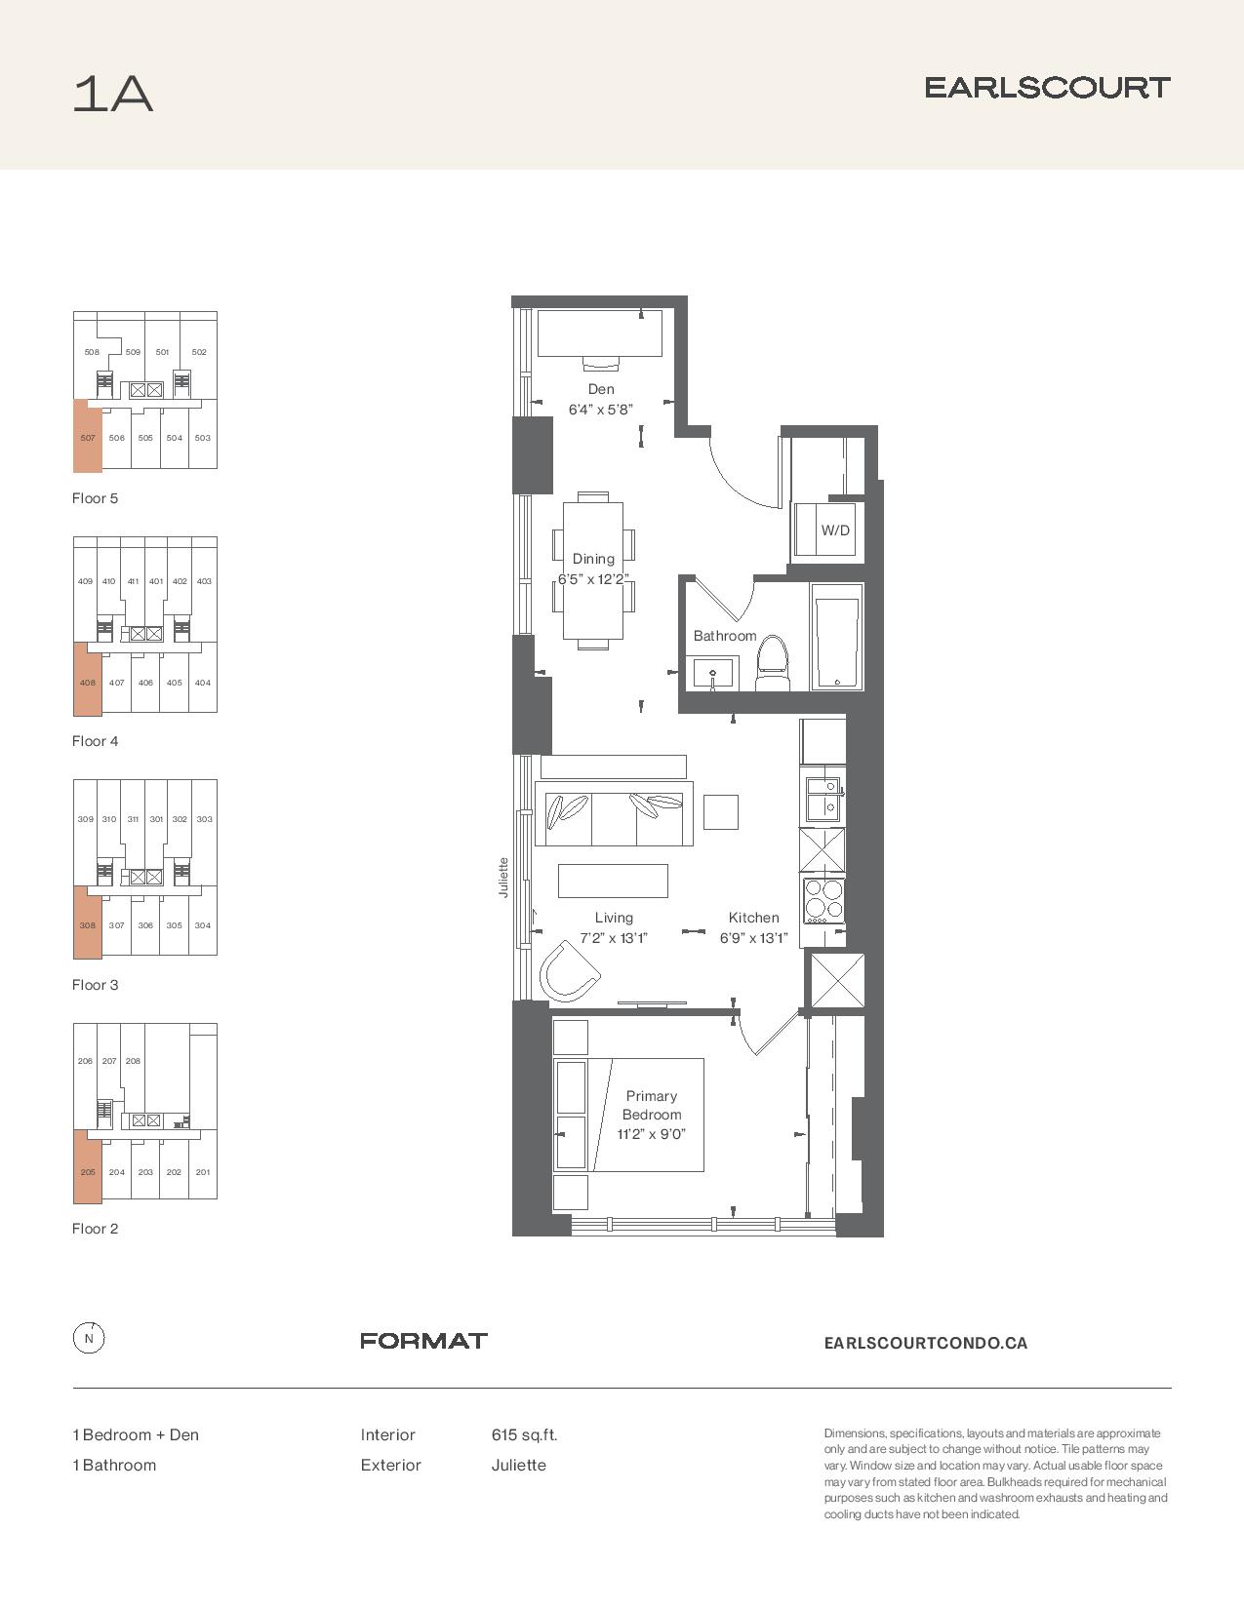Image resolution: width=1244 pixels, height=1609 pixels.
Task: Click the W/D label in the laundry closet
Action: (x=835, y=530)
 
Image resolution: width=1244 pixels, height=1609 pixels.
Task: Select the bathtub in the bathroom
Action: (x=837, y=637)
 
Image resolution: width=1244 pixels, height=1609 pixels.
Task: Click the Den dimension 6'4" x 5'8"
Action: (x=600, y=410)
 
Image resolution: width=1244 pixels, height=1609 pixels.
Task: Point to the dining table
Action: (x=593, y=570)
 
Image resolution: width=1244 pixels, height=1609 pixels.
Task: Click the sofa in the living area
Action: (x=615, y=813)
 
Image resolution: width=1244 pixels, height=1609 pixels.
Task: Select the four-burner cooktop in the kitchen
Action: (x=823, y=899)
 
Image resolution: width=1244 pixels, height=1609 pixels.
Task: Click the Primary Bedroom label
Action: (x=651, y=1105)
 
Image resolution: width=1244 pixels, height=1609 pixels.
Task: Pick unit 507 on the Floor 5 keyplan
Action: (x=88, y=437)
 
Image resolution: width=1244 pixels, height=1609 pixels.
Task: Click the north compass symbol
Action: (x=89, y=1338)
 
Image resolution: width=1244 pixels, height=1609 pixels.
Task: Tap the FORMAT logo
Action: (x=423, y=1340)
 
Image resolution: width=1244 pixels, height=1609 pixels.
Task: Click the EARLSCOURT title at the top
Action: (x=1047, y=88)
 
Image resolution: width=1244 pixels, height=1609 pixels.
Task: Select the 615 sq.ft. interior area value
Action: (x=524, y=1434)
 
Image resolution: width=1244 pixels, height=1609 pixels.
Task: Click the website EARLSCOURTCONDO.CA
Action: (x=925, y=1343)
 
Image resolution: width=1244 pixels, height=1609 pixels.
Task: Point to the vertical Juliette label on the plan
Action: (x=503, y=878)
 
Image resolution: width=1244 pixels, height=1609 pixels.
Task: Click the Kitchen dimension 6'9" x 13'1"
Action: (x=753, y=938)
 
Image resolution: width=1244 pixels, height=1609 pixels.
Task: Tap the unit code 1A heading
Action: (x=112, y=94)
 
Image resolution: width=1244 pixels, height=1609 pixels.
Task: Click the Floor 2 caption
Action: (x=95, y=1229)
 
